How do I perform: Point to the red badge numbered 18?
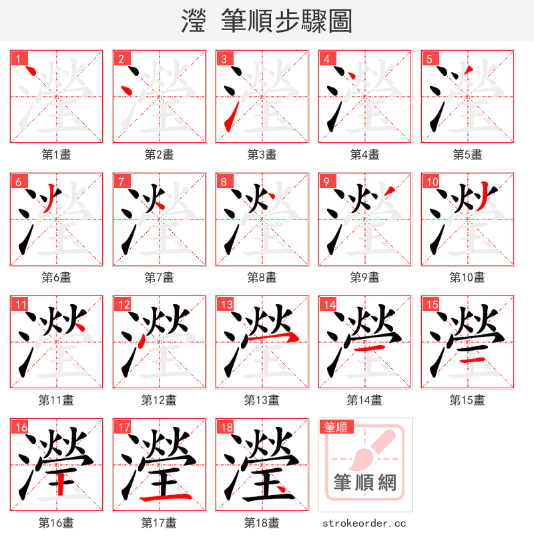(226, 427)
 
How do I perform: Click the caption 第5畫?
(467, 155)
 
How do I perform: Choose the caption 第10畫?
(467, 278)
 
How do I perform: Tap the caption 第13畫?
(262, 400)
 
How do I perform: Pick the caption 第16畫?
(56, 523)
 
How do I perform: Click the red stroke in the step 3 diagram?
(228, 120)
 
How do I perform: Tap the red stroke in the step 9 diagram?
(390, 193)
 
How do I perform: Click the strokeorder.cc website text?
(364, 524)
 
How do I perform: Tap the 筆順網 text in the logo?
(364, 482)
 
